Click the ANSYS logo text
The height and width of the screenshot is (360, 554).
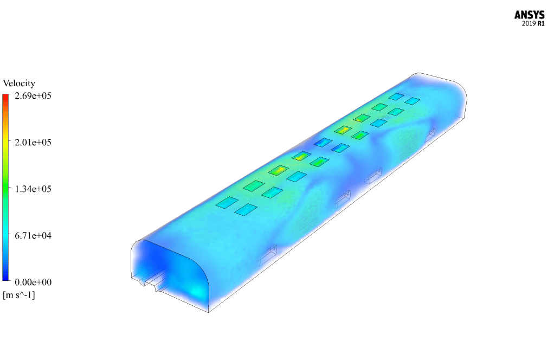[x=529, y=15]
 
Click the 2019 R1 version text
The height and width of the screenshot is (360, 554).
[x=533, y=24]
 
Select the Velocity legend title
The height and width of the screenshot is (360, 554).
[x=19, y=83]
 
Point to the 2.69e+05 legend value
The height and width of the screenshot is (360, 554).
[x=33, y=96]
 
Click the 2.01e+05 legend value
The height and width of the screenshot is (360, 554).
[x=33, y=143]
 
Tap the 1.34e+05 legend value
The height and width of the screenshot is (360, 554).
[x=33, y=189]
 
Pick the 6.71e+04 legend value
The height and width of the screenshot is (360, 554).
[x=33, y=236]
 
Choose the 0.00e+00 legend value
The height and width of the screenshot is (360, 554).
[x=33, y=282]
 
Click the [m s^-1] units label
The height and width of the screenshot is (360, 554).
[x=19, y=295]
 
